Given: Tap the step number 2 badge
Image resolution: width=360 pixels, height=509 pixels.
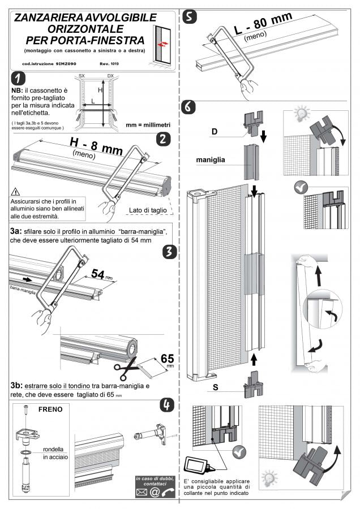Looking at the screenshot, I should coord(162,139).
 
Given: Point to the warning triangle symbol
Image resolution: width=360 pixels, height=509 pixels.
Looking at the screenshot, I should coord(15,191).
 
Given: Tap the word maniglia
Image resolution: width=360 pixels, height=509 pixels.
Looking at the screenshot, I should coord(211,159).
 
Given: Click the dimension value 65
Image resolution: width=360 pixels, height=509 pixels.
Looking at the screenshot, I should coord(167,359).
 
